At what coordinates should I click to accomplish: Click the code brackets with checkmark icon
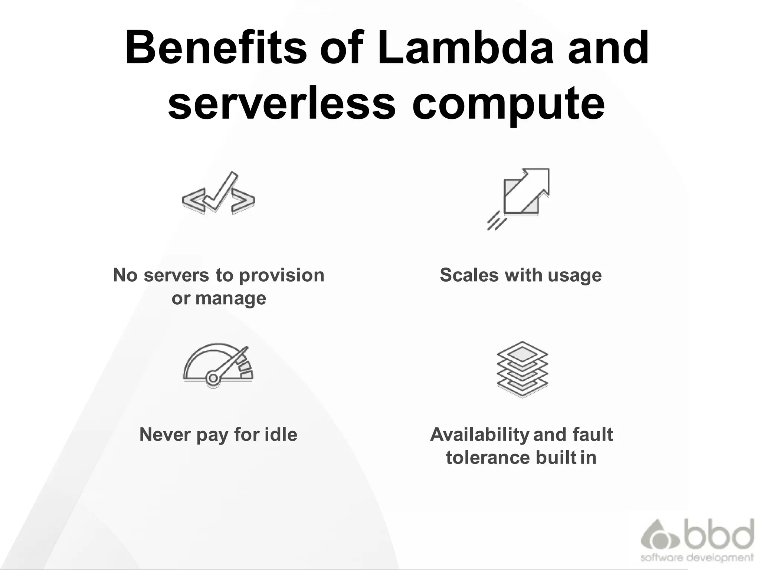pos(219,193)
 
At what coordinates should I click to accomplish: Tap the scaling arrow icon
pos(521,197)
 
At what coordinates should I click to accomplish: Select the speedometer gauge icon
pos(218,366)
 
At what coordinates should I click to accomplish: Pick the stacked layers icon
pos(522,369)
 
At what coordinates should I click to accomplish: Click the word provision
pos(282,276)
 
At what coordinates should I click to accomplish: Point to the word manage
pos(230,298)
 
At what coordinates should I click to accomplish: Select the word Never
pos(165,435)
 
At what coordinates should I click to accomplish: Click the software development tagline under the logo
pos(697,558)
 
